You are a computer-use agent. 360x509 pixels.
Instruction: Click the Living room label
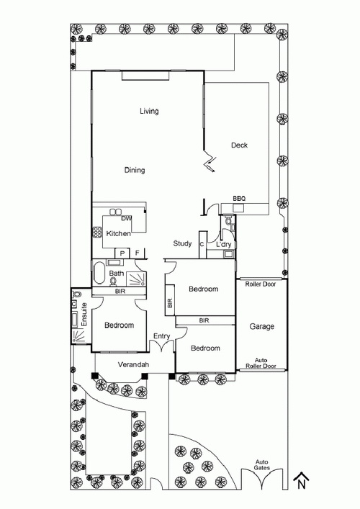click(x=149, y=112)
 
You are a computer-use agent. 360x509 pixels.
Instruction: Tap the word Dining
click(x=135, y=170)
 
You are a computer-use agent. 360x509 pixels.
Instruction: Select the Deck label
click(x=239, y=145)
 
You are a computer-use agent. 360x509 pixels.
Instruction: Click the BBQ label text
click(x=239, y=199)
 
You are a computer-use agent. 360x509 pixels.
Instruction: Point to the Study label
click(x=182, y=243)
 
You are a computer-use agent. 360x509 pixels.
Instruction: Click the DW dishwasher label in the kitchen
click(x=126, y=218)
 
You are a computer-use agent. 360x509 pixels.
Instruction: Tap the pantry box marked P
click(x=122, y=253)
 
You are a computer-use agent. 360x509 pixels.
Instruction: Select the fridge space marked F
click(x=137, y=253)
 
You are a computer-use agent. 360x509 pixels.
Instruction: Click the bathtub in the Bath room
click(x=99, y=274)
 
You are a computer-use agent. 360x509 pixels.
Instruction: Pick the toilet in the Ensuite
click(x=77, y=294)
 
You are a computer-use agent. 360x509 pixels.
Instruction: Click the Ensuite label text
click(x=84, y=315)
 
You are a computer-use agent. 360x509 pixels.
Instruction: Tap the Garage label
click(x=261, y=327)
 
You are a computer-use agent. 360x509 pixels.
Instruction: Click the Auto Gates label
click(x=261, y=465)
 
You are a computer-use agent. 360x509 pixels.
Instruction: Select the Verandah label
click(x=133, y=364)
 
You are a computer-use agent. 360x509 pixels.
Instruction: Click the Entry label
click(x=162, y=336)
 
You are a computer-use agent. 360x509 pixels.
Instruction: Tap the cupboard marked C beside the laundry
click(x=202, y=245)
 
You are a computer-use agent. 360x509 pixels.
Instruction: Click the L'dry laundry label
click(x=223, y=245)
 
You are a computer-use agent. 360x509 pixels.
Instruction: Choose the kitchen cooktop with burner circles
click(x=97, y=233)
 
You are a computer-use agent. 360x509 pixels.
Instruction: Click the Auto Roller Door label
click(x=261, y=364)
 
